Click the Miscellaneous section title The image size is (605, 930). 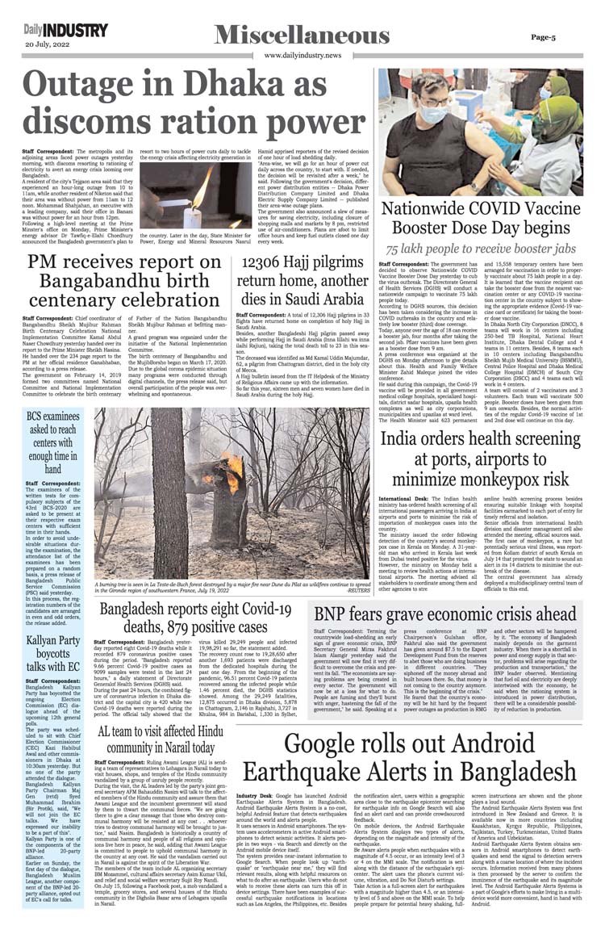point(302,35)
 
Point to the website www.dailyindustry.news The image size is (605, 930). point(302,55)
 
